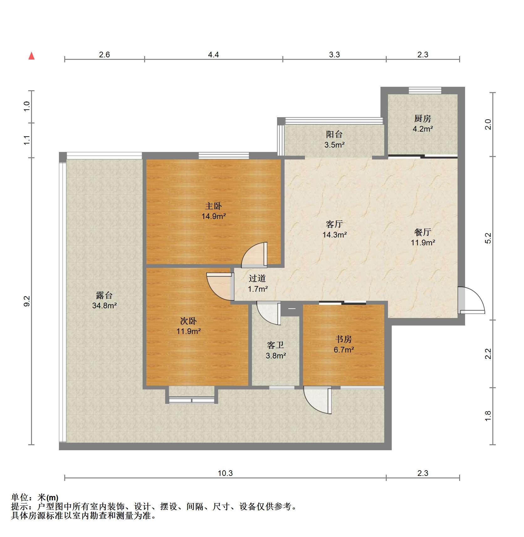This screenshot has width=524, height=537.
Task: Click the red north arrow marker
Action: coord(31,56)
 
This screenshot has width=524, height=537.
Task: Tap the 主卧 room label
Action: coord(213,206)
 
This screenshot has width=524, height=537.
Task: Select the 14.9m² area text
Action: coord(214,216)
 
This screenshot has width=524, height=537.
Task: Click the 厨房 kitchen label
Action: coord(422,118)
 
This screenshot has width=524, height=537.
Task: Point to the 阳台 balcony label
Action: coord(334,134)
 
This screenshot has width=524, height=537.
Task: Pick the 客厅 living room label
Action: coord(334,224)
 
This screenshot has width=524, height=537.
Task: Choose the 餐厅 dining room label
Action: coord(422,232)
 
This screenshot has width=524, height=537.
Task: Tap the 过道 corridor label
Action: coord(257,278)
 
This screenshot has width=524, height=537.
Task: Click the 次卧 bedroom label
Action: coord(188,321)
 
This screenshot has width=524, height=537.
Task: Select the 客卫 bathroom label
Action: coord(275,345)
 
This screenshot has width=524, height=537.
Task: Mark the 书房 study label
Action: coord(343,339)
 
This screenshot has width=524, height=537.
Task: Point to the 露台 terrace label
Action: coord(104,295)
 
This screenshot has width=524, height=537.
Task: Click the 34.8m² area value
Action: coord(104,305)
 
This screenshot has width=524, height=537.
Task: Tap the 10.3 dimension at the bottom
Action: coord(225,473)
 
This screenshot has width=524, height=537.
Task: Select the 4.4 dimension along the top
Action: coord(213,55)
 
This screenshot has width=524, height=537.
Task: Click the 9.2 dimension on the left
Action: coord(27,301)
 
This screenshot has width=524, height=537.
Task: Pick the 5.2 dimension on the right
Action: coord(488,238)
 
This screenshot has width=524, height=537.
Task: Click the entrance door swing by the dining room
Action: coord(471,300)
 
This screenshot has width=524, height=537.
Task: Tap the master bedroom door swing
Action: coord(254,255)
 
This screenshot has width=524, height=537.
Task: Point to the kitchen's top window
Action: coord(425,90)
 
